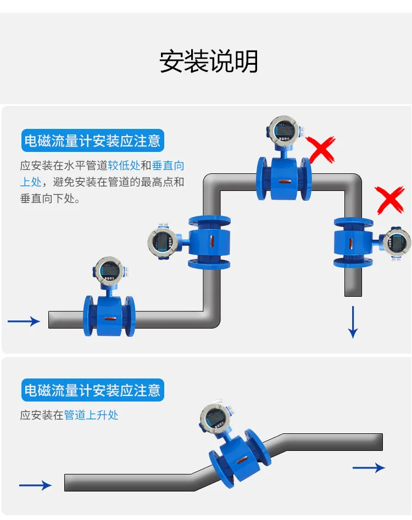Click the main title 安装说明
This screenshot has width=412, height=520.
click(209, 61)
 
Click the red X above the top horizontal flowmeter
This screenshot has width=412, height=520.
click(321, 150)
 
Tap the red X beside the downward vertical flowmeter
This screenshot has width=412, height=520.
click(390, 200)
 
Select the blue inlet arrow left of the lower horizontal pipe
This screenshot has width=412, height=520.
click(24, 321)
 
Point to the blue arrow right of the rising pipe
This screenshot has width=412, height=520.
click(369, 467)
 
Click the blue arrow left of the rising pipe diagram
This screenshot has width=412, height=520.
click(35, 485)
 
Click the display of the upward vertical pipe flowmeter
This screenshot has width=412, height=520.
click(163, 241)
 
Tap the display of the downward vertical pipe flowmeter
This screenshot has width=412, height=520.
click(397, 242)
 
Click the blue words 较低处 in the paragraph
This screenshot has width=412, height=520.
click(124, 165)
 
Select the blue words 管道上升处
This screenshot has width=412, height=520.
click(91, 415)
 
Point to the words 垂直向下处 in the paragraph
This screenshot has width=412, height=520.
click(47, 199)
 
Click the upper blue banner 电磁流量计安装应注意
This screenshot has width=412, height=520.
click(93, 140)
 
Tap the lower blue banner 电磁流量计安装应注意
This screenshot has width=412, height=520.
click(93, 390)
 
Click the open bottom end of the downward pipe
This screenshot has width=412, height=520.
click(353, 296)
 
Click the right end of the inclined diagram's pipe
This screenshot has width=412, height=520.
click(382, 442)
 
